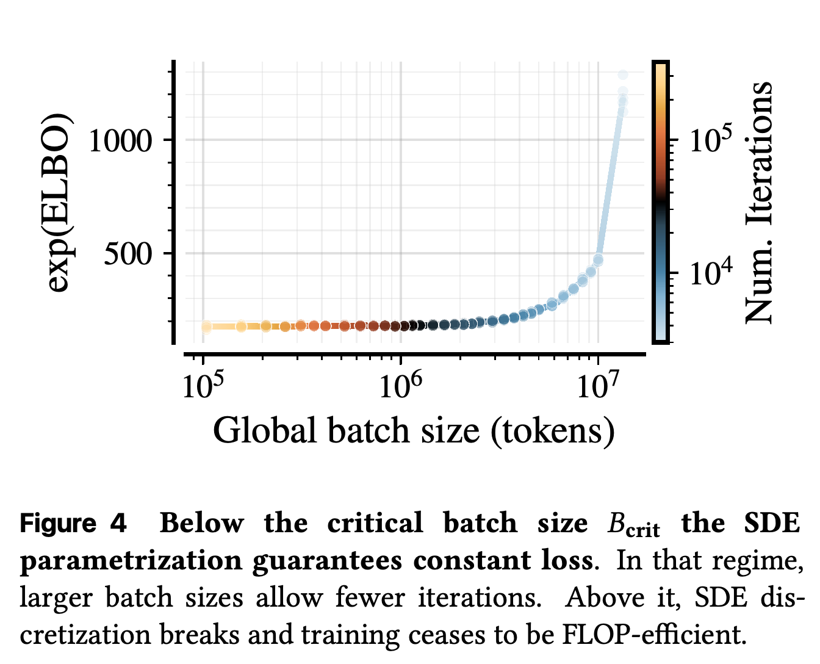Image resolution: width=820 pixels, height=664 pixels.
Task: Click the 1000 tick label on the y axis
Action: coord(120,140)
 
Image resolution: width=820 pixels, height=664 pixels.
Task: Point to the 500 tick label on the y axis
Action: coord(128,254)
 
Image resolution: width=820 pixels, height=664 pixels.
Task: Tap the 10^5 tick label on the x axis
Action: coord(203,384)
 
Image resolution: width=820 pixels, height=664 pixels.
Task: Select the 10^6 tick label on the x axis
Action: coord(400,384)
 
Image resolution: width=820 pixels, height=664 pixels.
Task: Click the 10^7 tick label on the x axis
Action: coord(598,384)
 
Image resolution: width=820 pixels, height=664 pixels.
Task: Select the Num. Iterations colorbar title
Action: coord(758,203)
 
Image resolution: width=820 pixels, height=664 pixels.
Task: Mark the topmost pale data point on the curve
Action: coord(623,74)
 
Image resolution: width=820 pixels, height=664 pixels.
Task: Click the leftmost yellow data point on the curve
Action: coord(206,327)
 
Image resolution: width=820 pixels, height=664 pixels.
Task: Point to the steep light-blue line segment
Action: coord(610,185)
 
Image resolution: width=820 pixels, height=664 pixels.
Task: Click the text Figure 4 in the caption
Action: coord(73,524)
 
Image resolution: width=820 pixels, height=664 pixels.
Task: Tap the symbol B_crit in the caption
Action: coord(633,525)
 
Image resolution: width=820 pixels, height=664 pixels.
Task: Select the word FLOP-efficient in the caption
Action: coord(655,635)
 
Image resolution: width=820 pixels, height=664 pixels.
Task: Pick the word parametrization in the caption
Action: coord(131,561)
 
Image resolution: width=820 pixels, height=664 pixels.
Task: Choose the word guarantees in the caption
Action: coord(327,561)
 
